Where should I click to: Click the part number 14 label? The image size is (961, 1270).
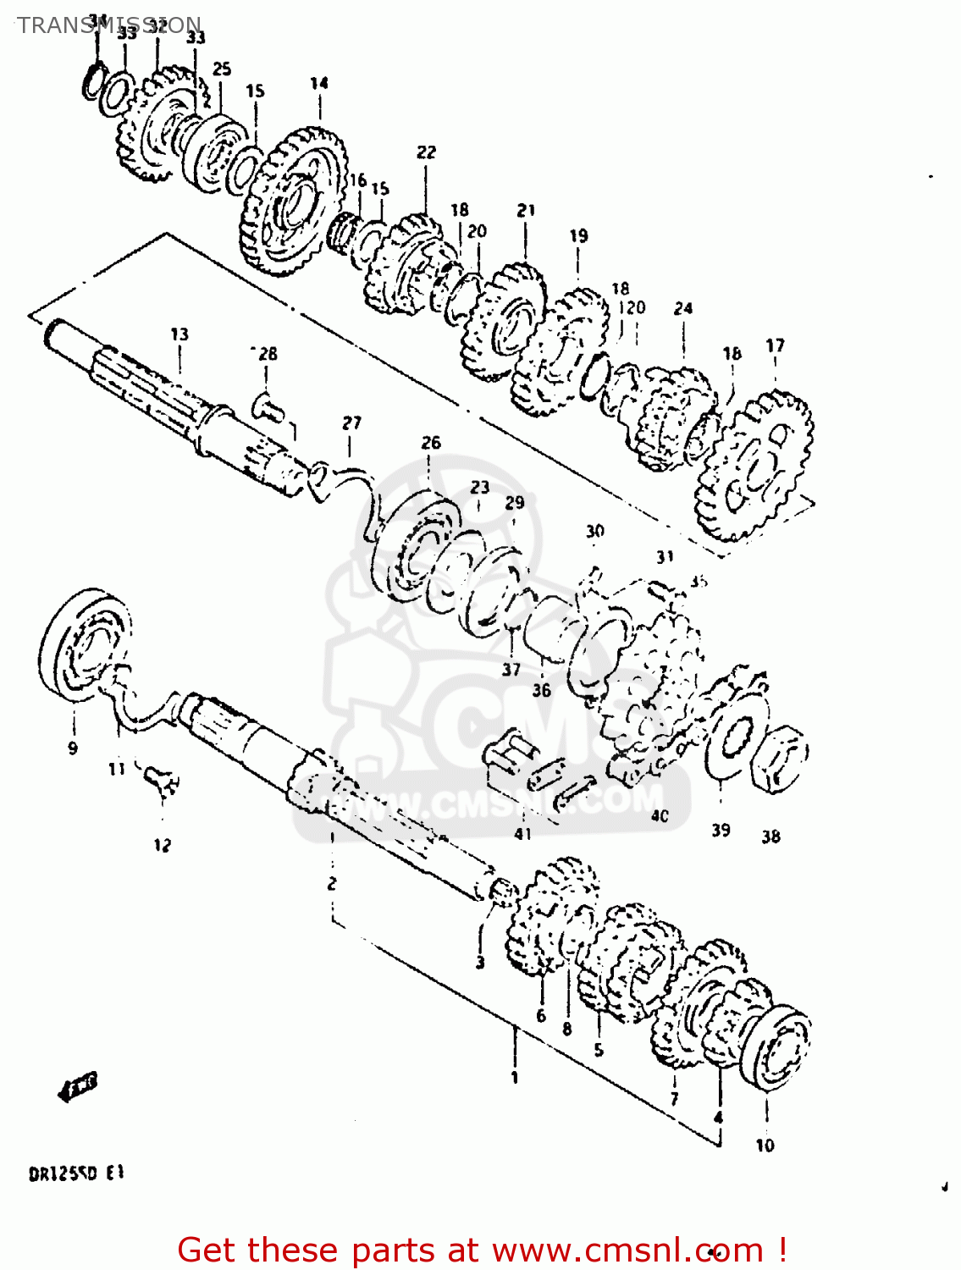pyautogui.click(x=318, y=83)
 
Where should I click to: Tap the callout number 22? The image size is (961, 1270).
pyautogui.click(x=426, y=152)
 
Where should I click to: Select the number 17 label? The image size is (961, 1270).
pyautogui.click(x=775, y=345)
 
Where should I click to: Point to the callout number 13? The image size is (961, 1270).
pyautogui.click(x=179, y=334)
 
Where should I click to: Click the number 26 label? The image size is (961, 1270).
pyautogui.click(x=431, y=443)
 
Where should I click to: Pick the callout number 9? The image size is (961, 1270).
pyautogui.click(x=73, y=748)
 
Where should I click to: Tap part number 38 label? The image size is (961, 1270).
pyautogui.click(x=770, y=837)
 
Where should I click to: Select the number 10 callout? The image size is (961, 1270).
pyautogui.click(x=765, y=1146)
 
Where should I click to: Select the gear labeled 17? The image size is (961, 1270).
pyautogui.click(x=754, y=466)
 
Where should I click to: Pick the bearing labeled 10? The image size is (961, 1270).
pyautogui.click(x=775, y=1048)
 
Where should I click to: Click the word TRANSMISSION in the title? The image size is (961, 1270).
pyautogui.click(x=109, y=25)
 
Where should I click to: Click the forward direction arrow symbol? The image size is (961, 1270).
pyautogui.click(x=78, y=1086)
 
